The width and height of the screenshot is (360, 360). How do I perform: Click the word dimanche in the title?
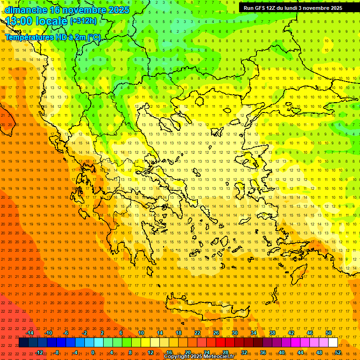tap(26, 9)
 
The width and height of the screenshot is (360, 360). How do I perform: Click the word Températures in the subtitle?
tap(26, 37)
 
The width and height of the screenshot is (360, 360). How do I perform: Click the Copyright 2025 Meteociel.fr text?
tap(199, 357)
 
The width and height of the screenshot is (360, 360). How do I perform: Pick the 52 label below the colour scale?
tap(338, 352)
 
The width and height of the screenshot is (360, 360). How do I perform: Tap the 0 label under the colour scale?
tap(93, 352)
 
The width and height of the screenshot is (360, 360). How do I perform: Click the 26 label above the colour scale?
tap(216, 333)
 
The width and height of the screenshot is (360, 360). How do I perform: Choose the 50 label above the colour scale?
tap(329, 333)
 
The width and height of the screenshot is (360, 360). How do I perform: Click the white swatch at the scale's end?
tap(333, 343)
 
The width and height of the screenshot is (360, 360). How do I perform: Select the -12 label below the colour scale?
tap(39, 352)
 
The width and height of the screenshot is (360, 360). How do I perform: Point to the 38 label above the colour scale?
tap(272, 333)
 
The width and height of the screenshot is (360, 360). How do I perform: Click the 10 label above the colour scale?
tap(141, 333)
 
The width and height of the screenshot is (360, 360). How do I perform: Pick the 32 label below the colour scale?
tap(244, 352)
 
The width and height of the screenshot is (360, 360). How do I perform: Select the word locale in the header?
tap(53, 21)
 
